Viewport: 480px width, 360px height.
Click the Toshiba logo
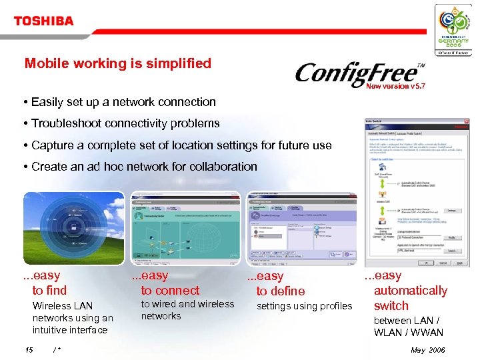[x=43, y=21]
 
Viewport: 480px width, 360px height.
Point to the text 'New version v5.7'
[x=396, y=86]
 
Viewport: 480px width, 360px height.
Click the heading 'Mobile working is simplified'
[x=117, y=63]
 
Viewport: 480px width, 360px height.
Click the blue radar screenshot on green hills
[x=74, y=229]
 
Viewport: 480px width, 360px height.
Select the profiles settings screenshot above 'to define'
[x=301, y=229]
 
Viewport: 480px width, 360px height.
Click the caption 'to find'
[x=49, y=290]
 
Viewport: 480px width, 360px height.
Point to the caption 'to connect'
[x=170, y=290]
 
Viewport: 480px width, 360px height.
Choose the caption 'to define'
[x=281, y=291]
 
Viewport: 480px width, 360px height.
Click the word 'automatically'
[x=410, y=290]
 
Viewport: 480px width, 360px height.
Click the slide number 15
[x=29, y=350]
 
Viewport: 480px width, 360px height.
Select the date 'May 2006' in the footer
[x=427, y=350]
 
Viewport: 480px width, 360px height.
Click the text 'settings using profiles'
[x=304, y=306]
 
